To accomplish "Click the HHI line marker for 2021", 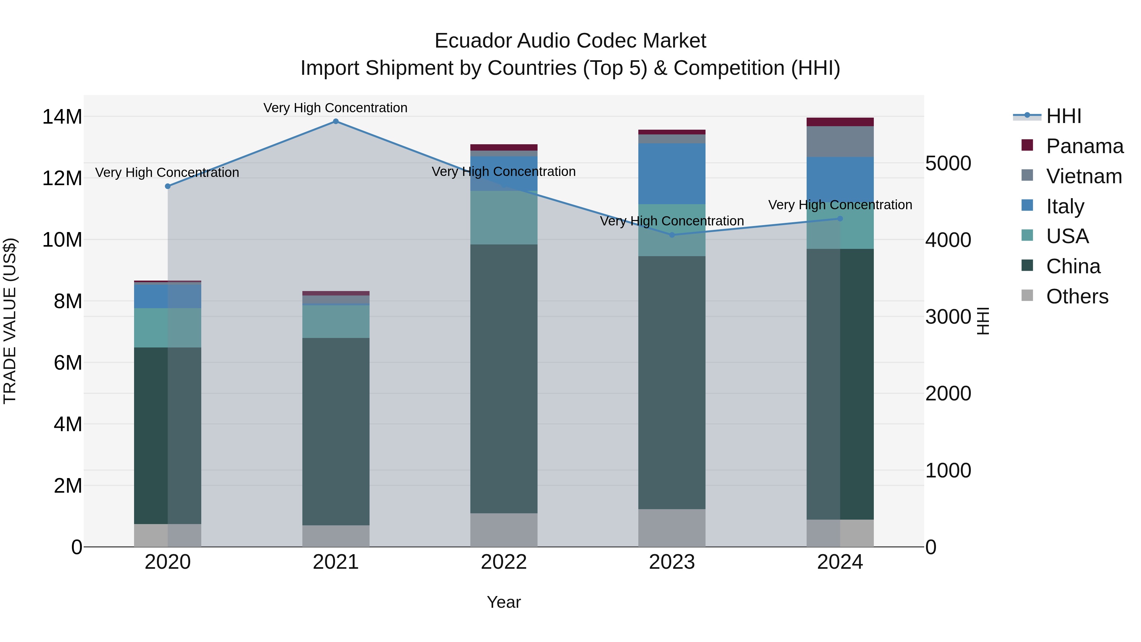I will coord(336,121).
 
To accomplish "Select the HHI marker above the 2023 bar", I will coord(672,235).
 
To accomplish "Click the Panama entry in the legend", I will coord(1084,146).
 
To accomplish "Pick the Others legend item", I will coord(1077,296).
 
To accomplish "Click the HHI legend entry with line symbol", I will coord(1063,116).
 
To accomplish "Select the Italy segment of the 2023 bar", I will coord(672,174).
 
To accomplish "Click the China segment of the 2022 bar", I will coord(504,379).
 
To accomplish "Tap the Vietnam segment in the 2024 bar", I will coord(840,142).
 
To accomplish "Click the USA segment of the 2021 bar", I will coord(336,322).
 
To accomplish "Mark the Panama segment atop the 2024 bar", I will coord(840,122).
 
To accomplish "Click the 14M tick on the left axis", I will coord(62,117).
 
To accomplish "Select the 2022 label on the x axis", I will coord(504,562).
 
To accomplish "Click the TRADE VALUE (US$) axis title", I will coord(10,321).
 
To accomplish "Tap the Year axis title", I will coord(504,602).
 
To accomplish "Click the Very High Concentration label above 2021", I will coord(335,108).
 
